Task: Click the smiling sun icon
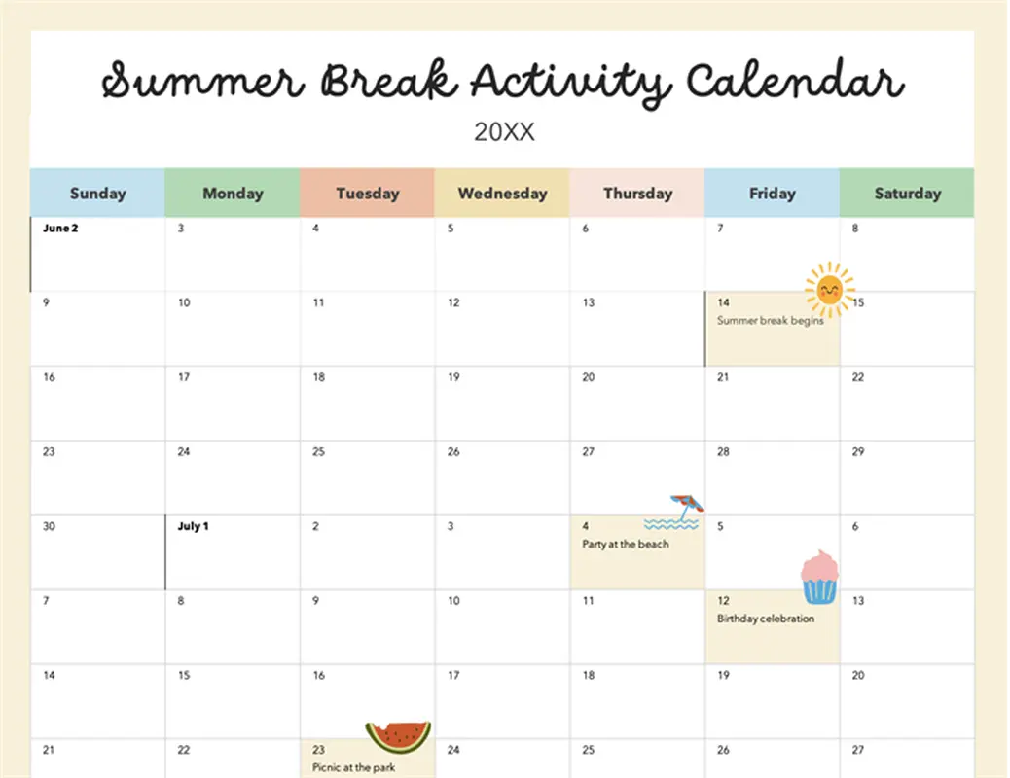(830, 290)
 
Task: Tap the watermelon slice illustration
(399, 737)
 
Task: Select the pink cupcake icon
(819, 577)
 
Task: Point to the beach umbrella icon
(687, 507)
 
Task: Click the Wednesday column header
(502, 193)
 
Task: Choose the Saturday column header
(907, 193)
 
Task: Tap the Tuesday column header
(367, 193)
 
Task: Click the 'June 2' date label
(60, 228)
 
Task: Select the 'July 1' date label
(194, 526)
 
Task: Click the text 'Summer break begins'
(771, 320)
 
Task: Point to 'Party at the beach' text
(626, 545)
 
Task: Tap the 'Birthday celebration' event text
(766, 619)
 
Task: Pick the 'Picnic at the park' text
(353, 767)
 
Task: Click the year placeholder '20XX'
(504, 132)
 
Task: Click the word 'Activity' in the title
(571, 83)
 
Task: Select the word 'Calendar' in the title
(796, 81)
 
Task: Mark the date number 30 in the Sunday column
(49, 526)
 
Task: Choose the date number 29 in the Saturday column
(858, 451)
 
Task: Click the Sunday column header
(97, 193)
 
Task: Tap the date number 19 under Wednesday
(453, 376)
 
